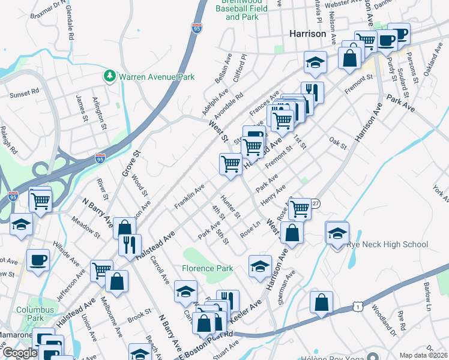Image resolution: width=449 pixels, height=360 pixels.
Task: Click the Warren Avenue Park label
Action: pos(157,77)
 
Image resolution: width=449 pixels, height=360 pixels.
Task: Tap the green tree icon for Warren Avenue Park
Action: pos(109,76)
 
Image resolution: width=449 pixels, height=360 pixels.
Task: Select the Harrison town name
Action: pos(307,34)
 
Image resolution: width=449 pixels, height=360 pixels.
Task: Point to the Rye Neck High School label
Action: pos(391,244)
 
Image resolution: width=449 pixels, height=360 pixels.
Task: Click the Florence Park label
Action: pos(208,268)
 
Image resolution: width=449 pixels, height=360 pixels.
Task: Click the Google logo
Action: pos(19,353)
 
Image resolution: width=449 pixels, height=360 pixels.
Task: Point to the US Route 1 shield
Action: pos(357,306)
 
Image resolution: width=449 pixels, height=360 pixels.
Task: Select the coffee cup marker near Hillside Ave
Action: pos(38,261)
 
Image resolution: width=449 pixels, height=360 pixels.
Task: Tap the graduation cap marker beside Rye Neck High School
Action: pos(338,233)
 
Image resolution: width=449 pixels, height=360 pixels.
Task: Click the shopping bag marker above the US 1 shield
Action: pos(322,303)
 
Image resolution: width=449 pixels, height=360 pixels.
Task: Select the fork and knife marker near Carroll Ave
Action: pos(130,244)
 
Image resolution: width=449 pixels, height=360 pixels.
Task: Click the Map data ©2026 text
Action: pos(423,355)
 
